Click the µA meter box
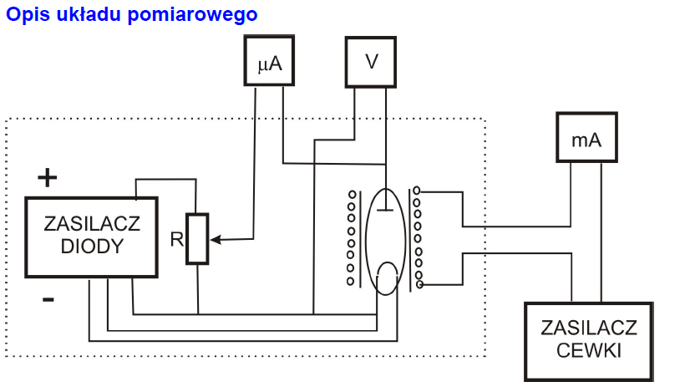(x=270, y=60)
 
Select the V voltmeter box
(x=370, y=60)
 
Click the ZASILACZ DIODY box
(x=91, y=237)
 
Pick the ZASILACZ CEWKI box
(x=590, y=339)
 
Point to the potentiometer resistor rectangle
(x=197, y=239)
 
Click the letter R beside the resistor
(x=175, y=240)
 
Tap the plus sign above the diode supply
(x=48, y=178)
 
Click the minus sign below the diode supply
(x=48, y=298)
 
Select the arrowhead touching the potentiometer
(x=214, y=240)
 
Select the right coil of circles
(x=416, y=238)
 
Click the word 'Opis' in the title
(x=23, y=15)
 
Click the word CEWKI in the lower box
(x=590, y=350)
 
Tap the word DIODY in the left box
(x=92, y=247)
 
